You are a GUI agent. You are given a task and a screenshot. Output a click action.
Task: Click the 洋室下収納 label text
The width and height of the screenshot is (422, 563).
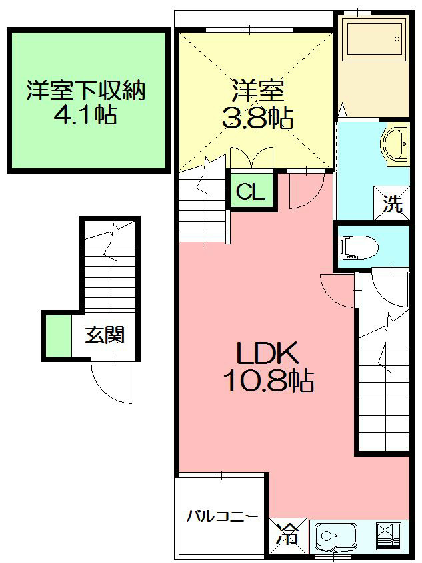click(86, 91)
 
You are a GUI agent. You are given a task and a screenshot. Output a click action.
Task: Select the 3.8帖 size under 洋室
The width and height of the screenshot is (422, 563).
click(257, 118)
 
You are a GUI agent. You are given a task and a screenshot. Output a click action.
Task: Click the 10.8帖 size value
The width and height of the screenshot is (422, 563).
click(268, 381)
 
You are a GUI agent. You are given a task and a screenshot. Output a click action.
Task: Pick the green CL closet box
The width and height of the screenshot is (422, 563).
click(251, 193)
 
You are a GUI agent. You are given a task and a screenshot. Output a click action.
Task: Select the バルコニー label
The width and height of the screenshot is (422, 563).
click(222, 516)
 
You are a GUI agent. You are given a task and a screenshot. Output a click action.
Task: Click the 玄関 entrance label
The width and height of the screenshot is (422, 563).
click(105, 335)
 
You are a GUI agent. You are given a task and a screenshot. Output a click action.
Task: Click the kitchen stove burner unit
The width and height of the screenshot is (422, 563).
click(390, 535)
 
